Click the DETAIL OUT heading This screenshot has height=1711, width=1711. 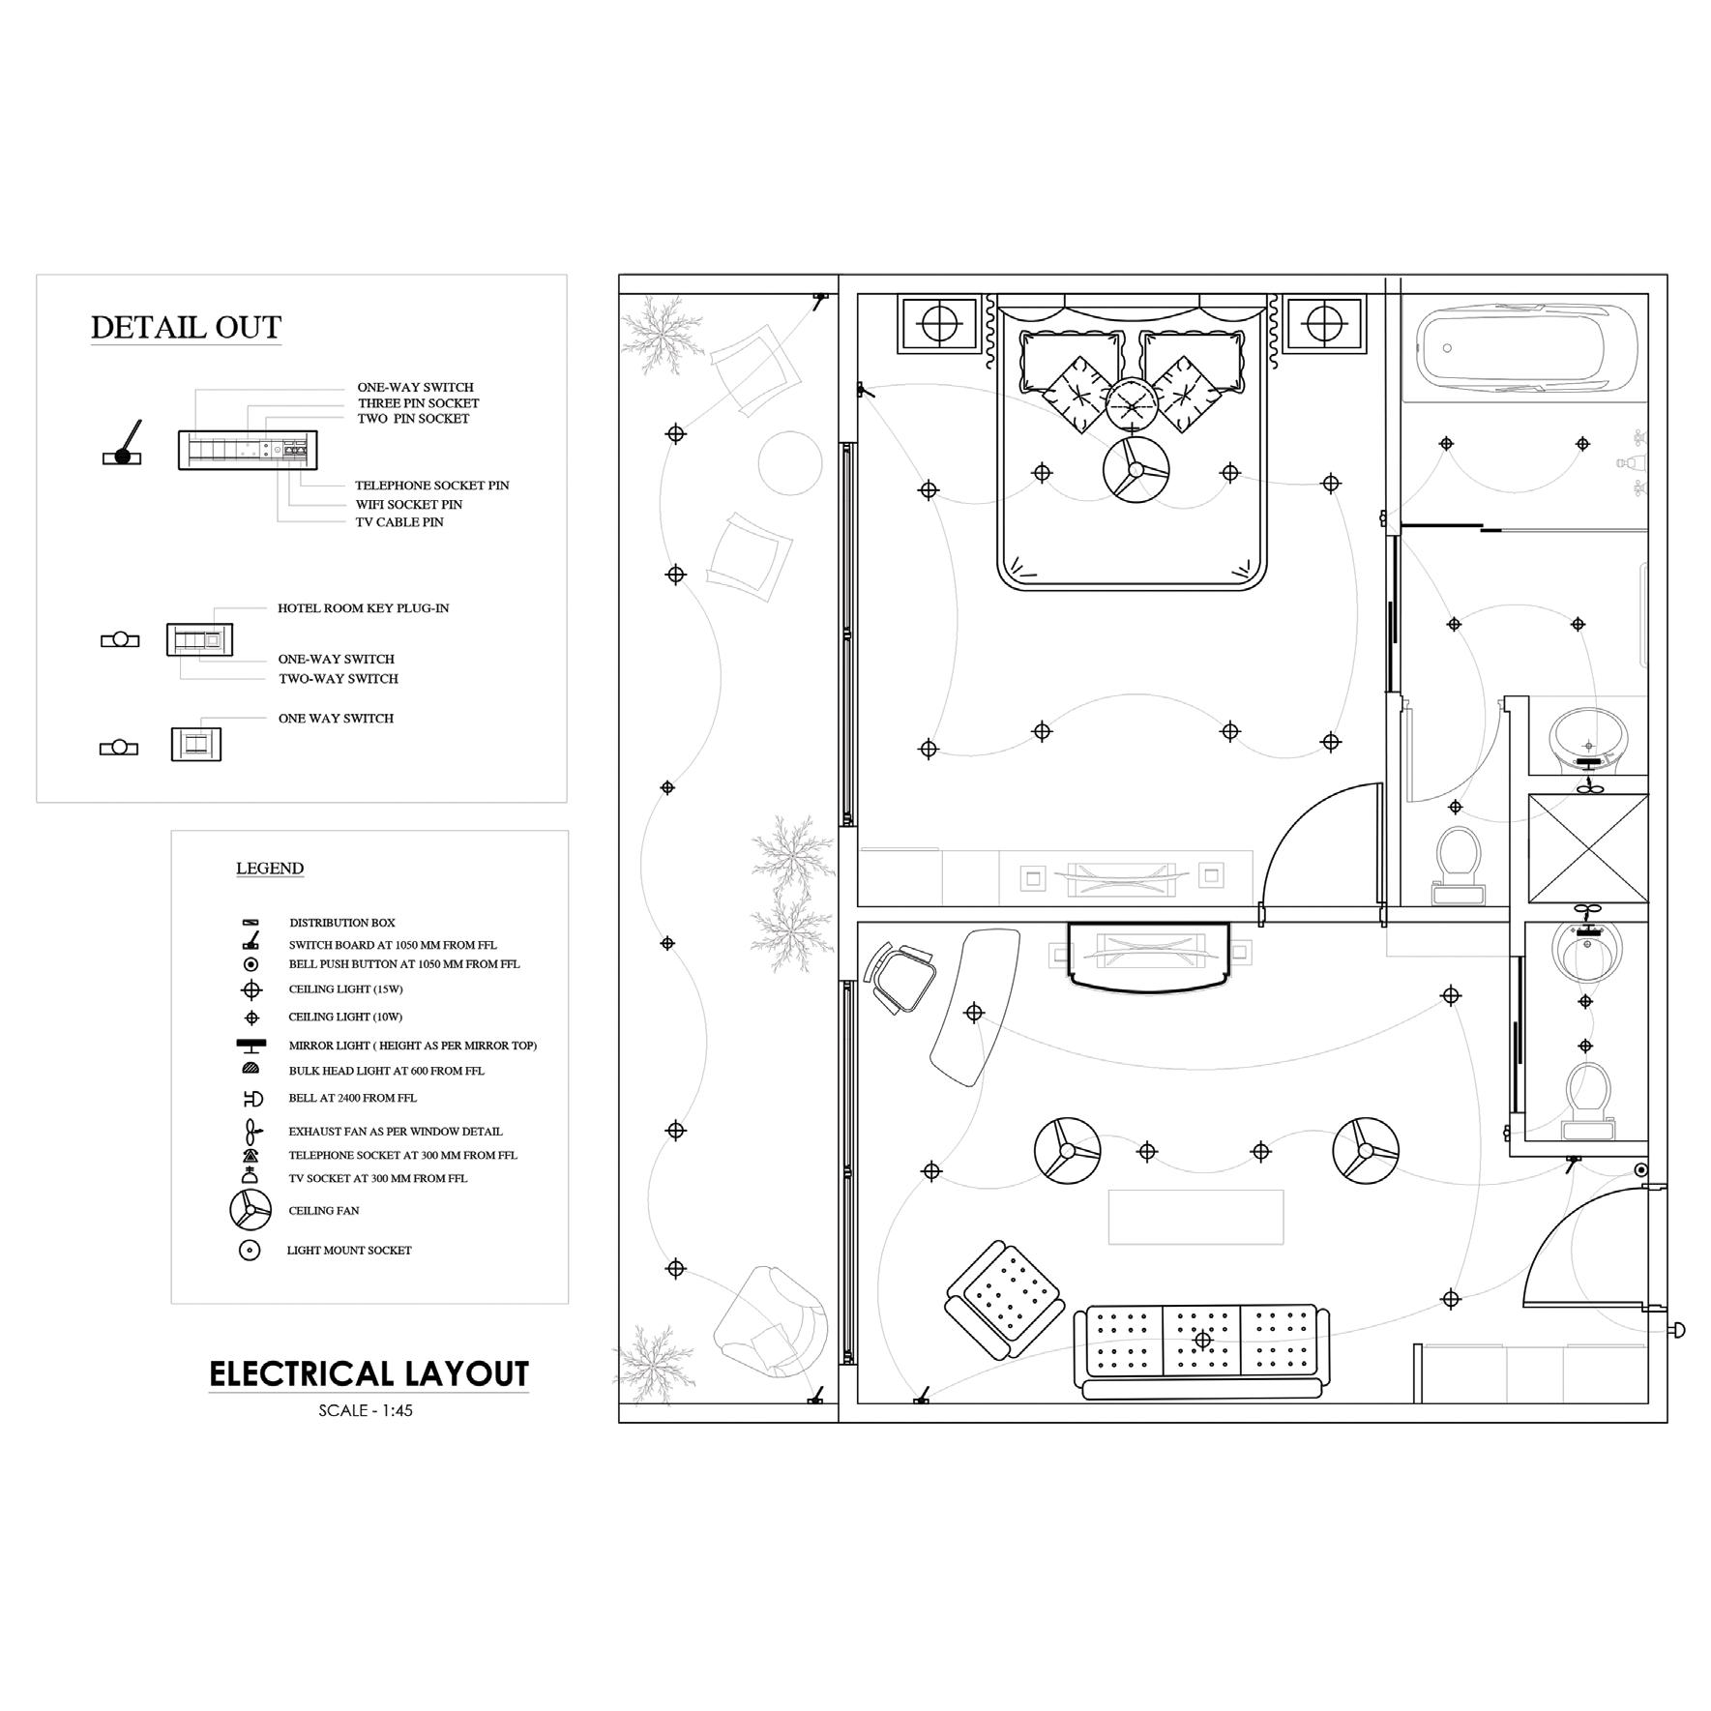click(x=186, y=328)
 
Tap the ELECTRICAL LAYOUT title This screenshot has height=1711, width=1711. click(x=369, y=1373)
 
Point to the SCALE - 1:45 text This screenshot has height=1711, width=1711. click(x=366, y=1410)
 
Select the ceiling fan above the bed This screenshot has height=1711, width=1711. click(x=1135, y=470)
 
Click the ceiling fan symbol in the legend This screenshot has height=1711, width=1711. click(x=251, y=1210)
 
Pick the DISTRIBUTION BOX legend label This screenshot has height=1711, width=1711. click(x=341, y=923)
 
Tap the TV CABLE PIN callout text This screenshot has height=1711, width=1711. click(x=399, y=522)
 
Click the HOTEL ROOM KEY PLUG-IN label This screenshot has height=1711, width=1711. click(x=364, y=608)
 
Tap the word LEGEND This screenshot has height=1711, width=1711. click(x=270, y=869)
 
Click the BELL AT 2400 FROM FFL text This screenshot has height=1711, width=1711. click(x=352, y=1098)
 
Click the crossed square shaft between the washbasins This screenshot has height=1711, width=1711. click(x=1587, y=848)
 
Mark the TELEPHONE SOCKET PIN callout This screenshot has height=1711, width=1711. click(x=431, y=486)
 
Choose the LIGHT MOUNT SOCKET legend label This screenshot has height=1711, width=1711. click(x=349, y=1251)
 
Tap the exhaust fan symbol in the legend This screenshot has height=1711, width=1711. click(x=251, y=1131)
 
